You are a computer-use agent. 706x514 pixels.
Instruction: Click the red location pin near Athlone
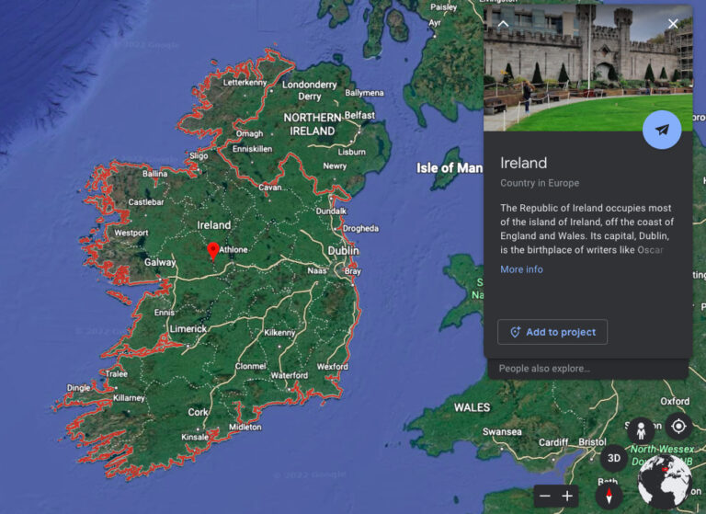tap(213, 249)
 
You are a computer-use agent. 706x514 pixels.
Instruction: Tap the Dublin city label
tap(343, 250)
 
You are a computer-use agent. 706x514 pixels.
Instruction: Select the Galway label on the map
tap(160, 262)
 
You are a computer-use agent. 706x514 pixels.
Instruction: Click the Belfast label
tap(360, 115)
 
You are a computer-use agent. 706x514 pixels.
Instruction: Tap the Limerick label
tap(188, 328)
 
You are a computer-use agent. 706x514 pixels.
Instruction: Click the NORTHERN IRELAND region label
tap(313, 124)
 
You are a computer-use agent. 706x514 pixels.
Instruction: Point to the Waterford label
tap(290, 375)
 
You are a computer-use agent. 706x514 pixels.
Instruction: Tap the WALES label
tap(472, 406)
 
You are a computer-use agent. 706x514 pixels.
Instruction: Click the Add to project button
tap(552, 332)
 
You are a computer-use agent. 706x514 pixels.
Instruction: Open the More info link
tap(521, 269)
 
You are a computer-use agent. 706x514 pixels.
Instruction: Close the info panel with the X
tap(673, 24)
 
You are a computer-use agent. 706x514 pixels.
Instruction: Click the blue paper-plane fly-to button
tap(662, 130)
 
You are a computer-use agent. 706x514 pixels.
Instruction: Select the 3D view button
tap(615, 458)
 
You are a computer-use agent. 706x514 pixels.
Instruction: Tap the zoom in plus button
tap(567, 496)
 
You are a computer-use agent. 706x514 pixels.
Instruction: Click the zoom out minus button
tap(544, 496)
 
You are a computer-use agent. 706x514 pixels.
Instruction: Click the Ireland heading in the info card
tap(523, 163)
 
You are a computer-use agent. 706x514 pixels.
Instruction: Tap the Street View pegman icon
tap(641, 429)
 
